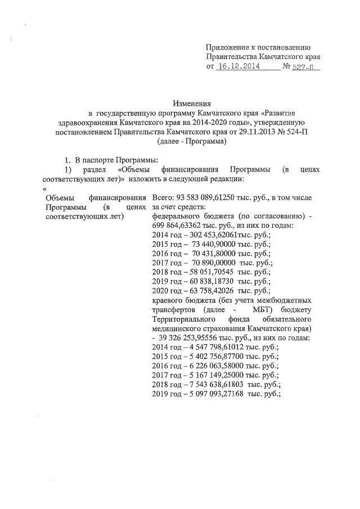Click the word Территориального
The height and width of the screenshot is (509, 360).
pos(185,318)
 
